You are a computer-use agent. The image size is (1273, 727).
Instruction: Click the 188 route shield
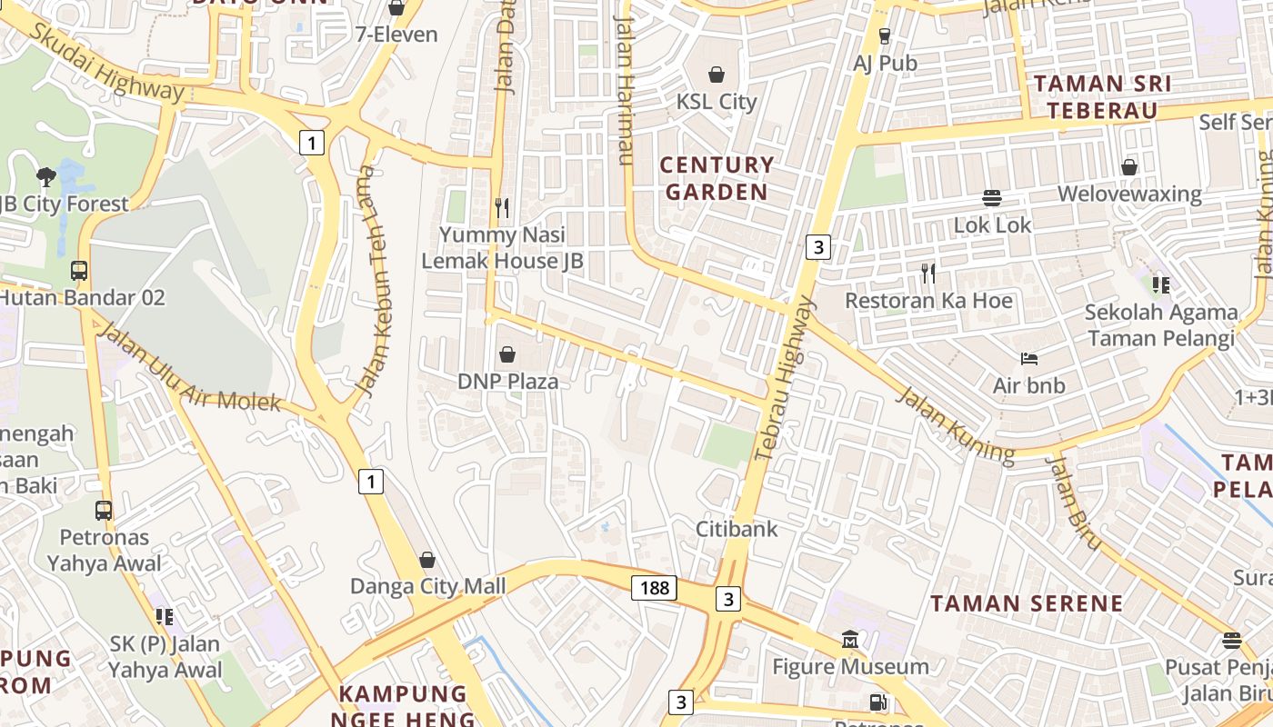point(655,588)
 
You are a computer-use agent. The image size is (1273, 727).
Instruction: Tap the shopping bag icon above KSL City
point(717,74)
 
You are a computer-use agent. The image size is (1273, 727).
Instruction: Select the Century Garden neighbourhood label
point(717,178)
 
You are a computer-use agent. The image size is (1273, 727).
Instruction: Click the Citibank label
point(737,528)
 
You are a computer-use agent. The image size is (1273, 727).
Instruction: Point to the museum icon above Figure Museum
point(850,639)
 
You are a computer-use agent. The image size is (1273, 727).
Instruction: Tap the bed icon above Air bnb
point(1029,358)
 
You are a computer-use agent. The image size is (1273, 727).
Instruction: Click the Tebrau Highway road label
point(785,377)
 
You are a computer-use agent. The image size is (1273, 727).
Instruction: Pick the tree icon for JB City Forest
point(45,176)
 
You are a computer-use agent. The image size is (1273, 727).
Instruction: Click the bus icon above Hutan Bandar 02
point(79,270)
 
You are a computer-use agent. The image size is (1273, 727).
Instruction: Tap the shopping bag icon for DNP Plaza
point(507,354)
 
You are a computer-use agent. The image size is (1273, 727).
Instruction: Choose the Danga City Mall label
point(428,586)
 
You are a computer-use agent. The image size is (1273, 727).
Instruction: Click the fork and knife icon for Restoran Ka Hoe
point(927,273)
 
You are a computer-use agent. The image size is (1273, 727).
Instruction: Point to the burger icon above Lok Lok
point(991,197)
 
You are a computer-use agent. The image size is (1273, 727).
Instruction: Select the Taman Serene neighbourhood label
point(1027,603)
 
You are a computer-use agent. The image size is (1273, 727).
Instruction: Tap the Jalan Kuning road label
point(955,424)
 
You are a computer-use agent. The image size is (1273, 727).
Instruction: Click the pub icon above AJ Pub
point(885,36)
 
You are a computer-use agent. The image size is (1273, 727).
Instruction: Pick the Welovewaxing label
point(1129,194)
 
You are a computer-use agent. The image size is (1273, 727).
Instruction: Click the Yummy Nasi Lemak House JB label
point(502,247)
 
